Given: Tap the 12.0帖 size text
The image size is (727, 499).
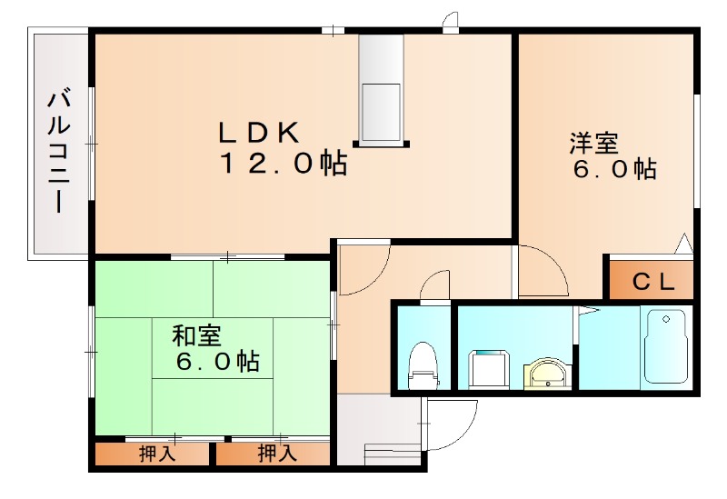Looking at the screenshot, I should tap(281, 164).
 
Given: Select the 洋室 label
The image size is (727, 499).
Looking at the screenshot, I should tap(594, 143).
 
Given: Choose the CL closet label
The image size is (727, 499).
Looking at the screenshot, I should tap(653, 282).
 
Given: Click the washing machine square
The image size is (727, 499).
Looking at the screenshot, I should tap(489, 368).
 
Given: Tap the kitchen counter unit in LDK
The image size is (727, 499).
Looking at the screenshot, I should tap(381, 89).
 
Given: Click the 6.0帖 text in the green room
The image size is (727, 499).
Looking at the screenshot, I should tap(217, 362).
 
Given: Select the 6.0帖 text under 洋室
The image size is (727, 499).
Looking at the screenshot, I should tap(614, 170).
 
